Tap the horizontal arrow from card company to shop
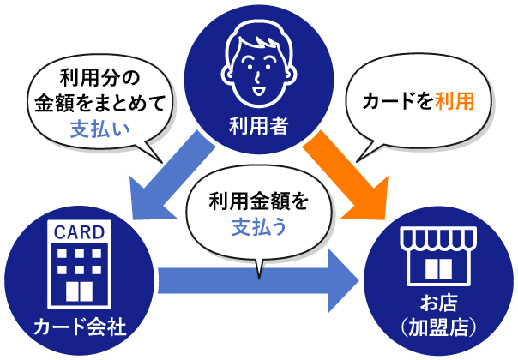(x=257, y=281)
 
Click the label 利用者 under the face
(x=259, y=126)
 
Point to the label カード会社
(x=80, y=327)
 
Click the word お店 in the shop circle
(x=439, y=303)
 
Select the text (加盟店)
(x=439, y=327)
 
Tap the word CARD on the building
(x=79, y=232)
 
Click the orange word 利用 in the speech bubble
(x=455, y=101)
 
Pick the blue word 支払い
(x=100, y=129)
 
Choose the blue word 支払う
(x=259, y=227)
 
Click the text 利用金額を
(x=259, y=201)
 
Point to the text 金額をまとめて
(x=99, y=103)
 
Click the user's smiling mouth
(x=258, y=91)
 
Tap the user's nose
(x=257, y=76)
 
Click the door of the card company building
(x=79, y=291)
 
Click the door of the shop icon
(x=439, y=268)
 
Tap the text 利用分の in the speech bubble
(x=100, y=78)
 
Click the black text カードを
(x=398, y=101)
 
